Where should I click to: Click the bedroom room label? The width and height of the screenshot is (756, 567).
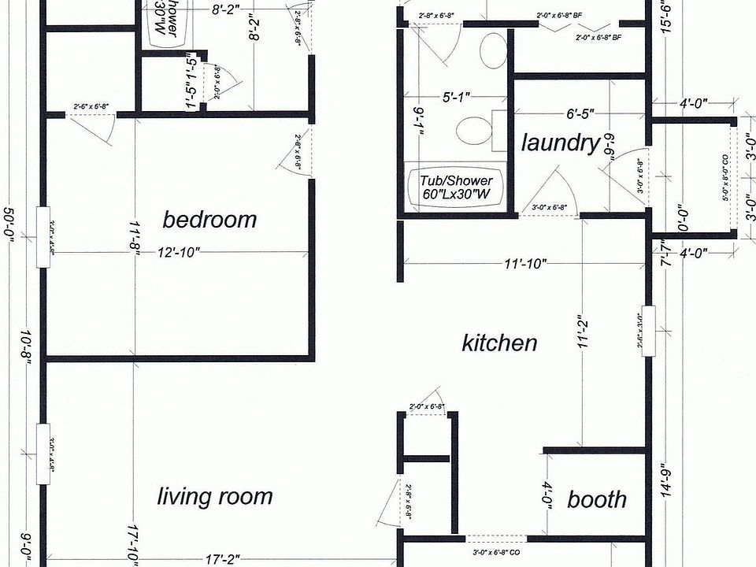point(209,219)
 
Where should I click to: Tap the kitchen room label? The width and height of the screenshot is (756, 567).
point(499,343)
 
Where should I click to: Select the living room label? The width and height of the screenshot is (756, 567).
point(215,496)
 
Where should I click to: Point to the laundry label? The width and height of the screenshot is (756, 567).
point(561,143)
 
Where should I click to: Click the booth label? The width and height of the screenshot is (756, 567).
point(597,499)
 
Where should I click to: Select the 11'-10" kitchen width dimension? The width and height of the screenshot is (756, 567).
point(525,264)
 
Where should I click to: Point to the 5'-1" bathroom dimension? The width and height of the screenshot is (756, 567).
point(456,98)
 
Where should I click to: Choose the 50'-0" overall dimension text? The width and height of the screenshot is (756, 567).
point(11,221)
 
